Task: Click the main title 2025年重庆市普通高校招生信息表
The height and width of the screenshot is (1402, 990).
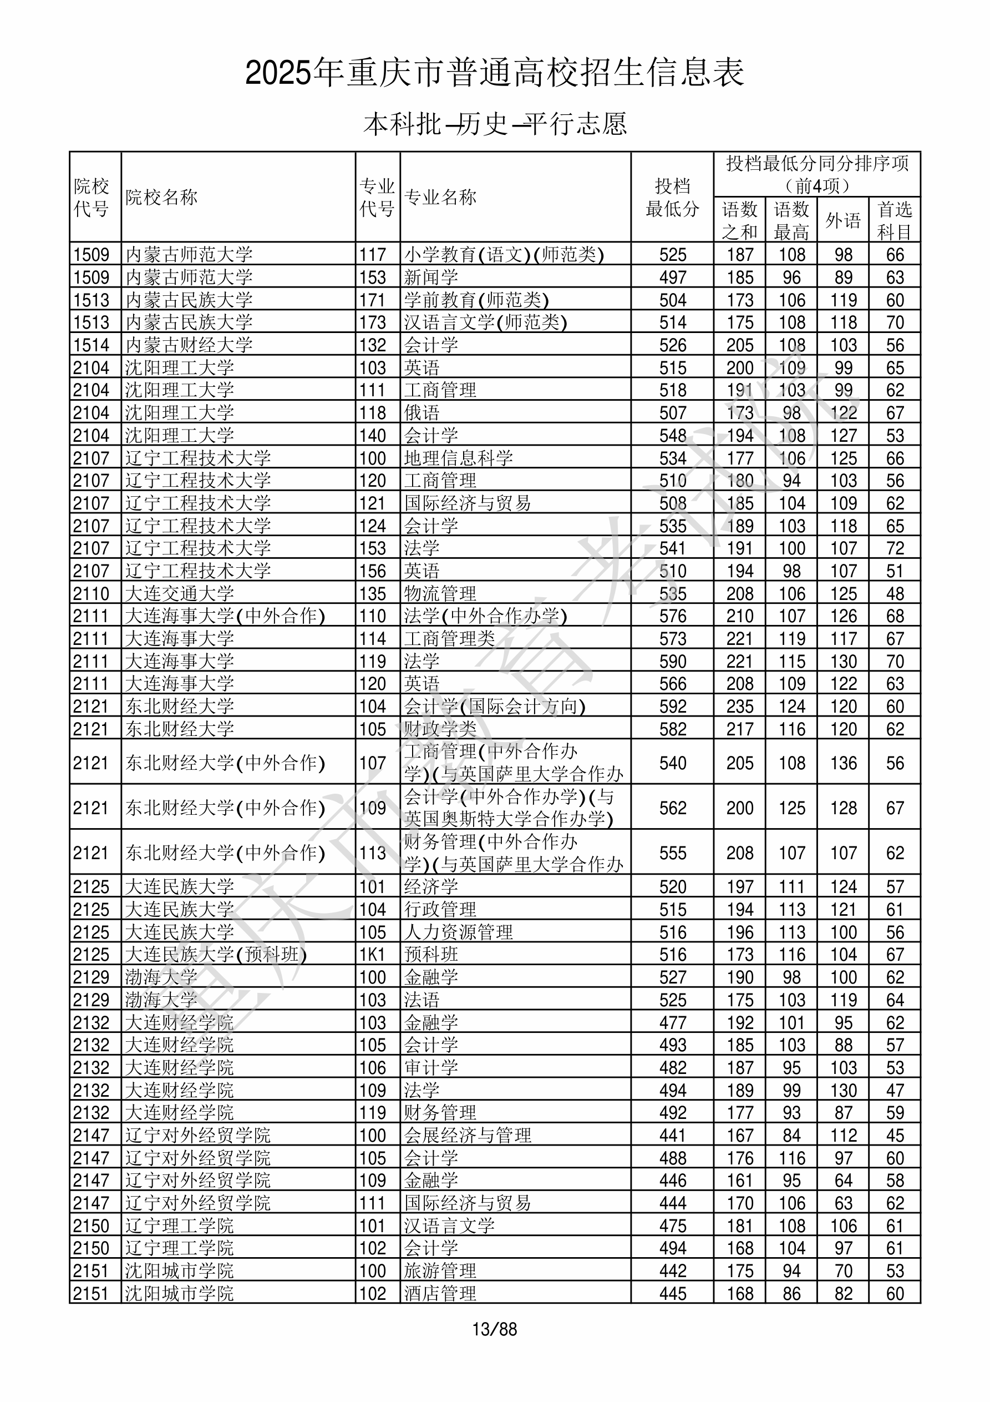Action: [x=494, y=73]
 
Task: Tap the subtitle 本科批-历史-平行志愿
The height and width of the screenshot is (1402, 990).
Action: [x=494, y=124]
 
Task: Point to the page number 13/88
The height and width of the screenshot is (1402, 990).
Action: [x=494, y=1329]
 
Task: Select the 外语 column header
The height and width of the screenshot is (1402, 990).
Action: [x=843, y=220]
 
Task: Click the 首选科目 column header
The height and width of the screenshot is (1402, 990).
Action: [x=894, y=220]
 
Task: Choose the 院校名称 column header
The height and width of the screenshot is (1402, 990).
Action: [x=162, y=197]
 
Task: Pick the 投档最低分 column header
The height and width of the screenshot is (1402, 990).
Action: [x=672, y=197]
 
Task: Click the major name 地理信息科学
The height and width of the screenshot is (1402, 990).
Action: [x=458, y=458]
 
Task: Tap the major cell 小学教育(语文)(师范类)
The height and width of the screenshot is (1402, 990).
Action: [x=504, y=255]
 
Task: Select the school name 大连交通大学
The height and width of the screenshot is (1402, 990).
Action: [x=180, y=593]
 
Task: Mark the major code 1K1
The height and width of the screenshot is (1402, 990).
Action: [x=372, y=955]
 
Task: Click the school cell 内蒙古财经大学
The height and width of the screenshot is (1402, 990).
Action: [x=189, y=345]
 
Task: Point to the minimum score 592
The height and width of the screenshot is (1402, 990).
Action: [x=673, y=707]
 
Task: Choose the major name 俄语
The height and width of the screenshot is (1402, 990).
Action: [x=422, y=413]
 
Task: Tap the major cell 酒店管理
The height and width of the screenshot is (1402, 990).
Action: [x=440, y=1293]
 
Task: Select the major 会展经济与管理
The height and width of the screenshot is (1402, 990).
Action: [x=468, y=1135]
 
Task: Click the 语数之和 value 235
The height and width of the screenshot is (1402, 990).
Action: [x=740, y=707]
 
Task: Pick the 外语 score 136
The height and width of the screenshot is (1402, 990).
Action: [x=843, y=763]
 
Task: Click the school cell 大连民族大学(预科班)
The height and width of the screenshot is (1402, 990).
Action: [x=215, y=955]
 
